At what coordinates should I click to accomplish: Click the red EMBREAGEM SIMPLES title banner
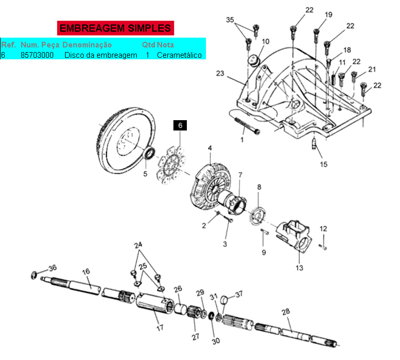pos(115,28)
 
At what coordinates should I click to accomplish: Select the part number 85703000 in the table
pos(37,55)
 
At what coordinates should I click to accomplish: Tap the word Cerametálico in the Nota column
pos(179,55)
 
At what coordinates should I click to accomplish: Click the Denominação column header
pos(87,45)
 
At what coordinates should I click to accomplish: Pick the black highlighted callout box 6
pos(180,125)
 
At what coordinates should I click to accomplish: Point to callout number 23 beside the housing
pos(220,73)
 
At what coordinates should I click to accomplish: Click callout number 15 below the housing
pos(324,164)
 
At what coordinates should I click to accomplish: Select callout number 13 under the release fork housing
pos(299,268)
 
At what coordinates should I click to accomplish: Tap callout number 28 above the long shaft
pos(286,312)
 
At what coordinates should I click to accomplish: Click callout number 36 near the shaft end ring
pos(53,268)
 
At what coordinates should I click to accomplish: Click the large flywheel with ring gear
pos(127,140)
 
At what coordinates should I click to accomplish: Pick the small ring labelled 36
pos(34,275)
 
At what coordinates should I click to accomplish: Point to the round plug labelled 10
pos(254,61)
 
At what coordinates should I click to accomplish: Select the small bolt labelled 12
pos(323,247)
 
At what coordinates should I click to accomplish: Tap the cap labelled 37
pos(224,300)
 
